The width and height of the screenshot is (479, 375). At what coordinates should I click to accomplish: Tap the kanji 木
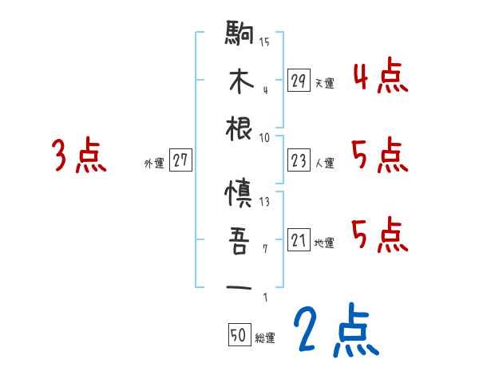pos(240,82)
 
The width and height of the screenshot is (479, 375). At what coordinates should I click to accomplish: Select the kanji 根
pos(240,128)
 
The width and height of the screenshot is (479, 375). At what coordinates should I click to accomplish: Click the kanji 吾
pos(240,241)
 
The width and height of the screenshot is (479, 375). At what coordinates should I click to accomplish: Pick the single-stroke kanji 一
pos(240,286)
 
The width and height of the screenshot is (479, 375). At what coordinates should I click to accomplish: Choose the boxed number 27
pos(180,161)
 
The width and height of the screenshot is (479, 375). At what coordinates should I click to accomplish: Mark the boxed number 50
pos(239,336)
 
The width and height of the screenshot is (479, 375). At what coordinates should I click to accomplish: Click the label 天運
pos(324,83)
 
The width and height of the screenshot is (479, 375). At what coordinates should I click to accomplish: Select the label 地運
pos(324,243)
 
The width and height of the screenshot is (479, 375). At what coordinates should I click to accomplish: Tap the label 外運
pos(154,164)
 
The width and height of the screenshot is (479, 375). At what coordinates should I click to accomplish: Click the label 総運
pos(265,337)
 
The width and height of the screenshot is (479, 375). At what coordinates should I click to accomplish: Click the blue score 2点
pos(335,332)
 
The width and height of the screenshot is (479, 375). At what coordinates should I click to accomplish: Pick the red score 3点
pos(79,156)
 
